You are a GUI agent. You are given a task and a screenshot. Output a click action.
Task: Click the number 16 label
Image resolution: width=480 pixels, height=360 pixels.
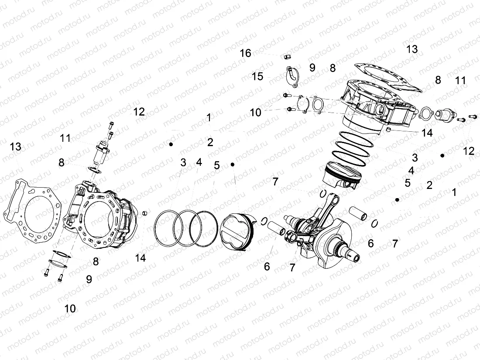tap(246, 53)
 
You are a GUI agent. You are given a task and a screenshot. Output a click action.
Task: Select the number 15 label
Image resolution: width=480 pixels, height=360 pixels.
tap(257, 76)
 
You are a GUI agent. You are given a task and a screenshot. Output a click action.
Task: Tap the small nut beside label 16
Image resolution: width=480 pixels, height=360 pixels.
tap(287, 56)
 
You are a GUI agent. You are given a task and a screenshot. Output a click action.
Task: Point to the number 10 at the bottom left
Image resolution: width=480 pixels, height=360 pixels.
tap(70, 309)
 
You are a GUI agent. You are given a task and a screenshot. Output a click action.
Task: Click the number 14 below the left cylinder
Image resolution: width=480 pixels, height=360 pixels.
tap(140, 258)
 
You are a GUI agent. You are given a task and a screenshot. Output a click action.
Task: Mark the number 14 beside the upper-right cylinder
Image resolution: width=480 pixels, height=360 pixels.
tap(427, 133)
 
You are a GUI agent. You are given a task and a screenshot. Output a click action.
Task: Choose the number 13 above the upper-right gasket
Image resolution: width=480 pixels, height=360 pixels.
tap(412, 49)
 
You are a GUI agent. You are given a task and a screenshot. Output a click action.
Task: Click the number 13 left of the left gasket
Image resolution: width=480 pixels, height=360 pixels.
tap(15, 147)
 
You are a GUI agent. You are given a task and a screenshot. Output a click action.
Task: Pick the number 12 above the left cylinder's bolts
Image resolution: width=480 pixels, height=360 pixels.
tap(139, 111)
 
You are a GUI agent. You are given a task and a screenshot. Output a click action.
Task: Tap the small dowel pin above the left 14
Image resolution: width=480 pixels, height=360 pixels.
tap(145, 213)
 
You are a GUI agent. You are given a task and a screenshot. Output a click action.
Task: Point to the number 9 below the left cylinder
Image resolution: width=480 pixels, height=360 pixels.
tap(89, 280)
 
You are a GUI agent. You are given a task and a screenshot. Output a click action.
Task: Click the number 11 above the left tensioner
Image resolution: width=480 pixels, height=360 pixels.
tap(65, 138)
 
